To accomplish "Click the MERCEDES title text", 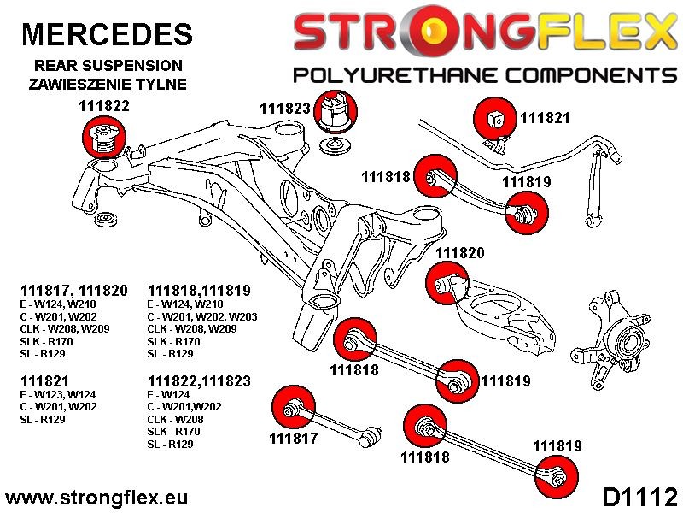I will (x=107, y=33).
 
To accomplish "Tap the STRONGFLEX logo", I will (x=484, y=32).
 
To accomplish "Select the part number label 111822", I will (x=98, y=108).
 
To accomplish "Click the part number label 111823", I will (x=287, y=109).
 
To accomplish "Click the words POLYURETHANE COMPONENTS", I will (x=484, y=75).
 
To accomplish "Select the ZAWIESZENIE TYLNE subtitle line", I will (x=108, y=84).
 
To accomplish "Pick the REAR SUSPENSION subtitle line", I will (x=108, y=65).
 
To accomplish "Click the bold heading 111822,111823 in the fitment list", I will (x=199, y=381).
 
